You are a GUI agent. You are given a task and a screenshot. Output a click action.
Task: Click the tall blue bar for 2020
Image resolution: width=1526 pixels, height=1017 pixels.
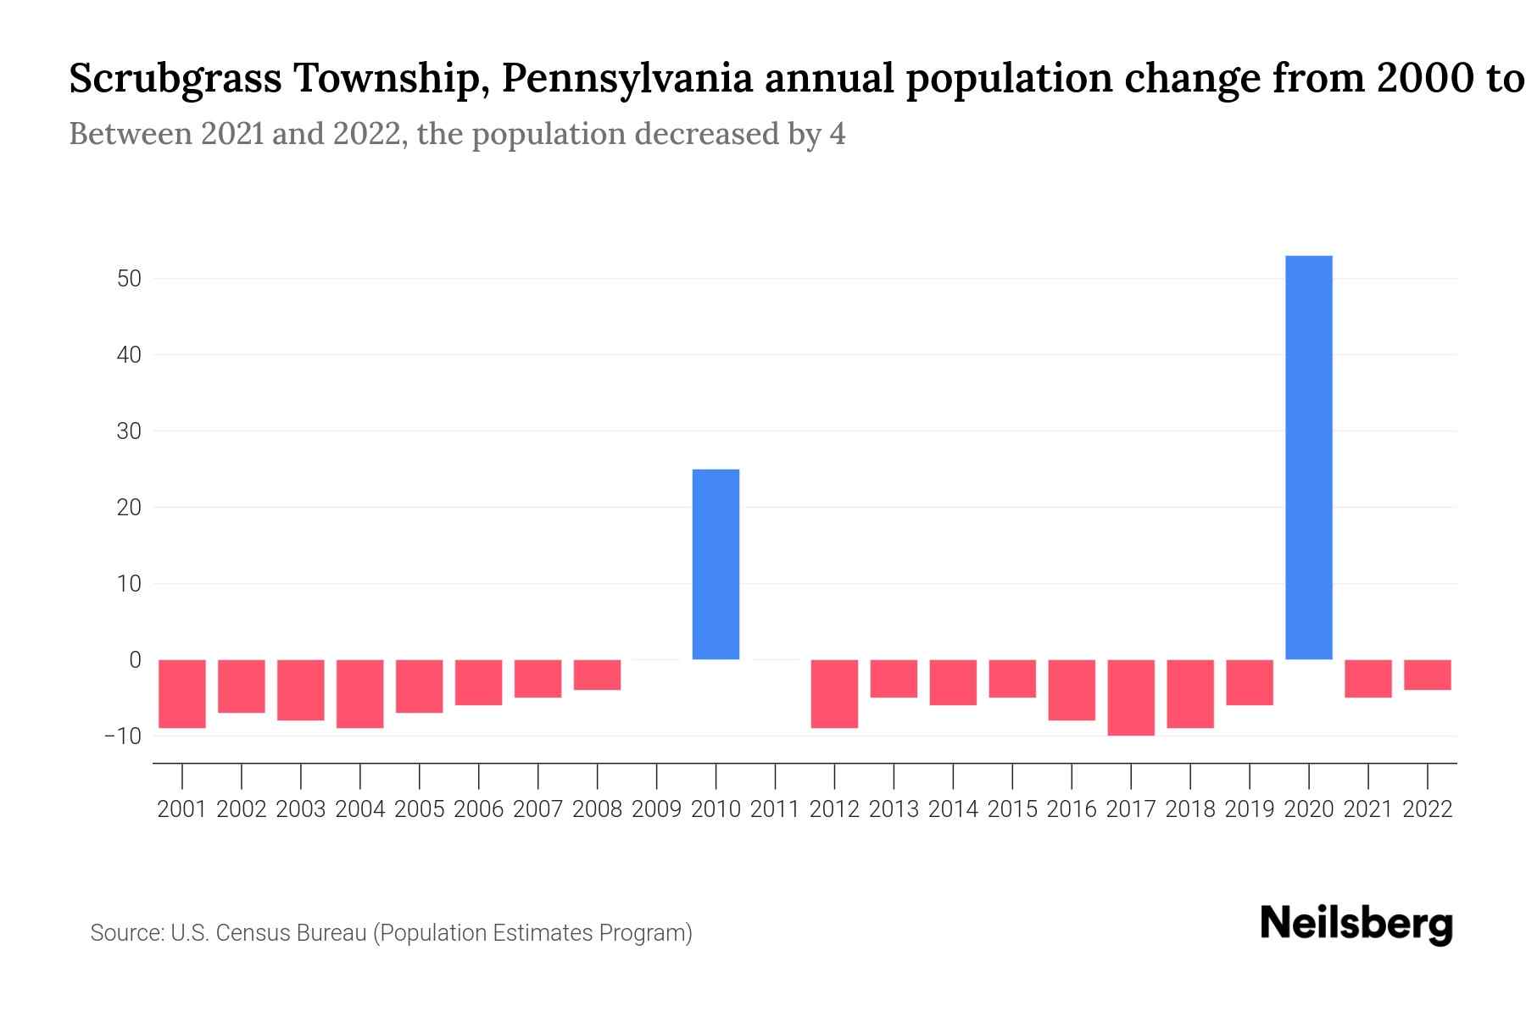click(1309, 458)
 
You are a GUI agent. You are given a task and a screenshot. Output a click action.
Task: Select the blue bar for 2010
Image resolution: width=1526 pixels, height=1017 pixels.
click(716, 564)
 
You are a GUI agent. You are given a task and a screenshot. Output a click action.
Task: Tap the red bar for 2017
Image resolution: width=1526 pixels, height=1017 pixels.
click(1131, 697)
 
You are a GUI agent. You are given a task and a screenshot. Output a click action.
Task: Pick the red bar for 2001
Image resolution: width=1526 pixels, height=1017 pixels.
click(182, 693)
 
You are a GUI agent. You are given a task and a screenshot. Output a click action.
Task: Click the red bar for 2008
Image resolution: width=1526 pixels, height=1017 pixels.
click(597, 675)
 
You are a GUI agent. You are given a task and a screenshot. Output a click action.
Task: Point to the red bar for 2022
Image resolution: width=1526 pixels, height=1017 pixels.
click(1428, 675)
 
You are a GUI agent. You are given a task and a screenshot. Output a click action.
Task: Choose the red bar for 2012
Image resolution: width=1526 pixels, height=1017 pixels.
click(834, 693)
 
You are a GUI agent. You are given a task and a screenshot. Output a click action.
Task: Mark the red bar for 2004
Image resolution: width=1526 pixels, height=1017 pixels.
click(360, 693)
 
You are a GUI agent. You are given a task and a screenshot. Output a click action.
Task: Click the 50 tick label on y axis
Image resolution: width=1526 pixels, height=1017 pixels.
click(128, 279)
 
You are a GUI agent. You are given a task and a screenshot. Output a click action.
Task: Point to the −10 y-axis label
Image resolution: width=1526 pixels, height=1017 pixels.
click(123, 736)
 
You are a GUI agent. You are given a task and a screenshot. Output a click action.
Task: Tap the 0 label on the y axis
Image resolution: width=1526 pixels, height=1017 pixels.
click(135, 659)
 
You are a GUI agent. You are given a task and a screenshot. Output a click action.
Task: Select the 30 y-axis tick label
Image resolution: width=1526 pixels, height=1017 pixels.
click(128, 431)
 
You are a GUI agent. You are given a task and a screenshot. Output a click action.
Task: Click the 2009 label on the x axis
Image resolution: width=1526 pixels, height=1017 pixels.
click(656, 809)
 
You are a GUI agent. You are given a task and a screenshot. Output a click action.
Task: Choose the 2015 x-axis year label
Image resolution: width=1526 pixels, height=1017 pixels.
click(1012, 809)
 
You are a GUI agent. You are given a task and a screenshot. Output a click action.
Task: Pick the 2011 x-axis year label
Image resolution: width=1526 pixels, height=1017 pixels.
click(775, 809)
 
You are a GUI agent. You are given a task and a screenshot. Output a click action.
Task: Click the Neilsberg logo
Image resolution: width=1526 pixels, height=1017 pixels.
click(1356, 924)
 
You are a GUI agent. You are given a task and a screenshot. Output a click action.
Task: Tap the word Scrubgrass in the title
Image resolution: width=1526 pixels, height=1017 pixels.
click(175, 80)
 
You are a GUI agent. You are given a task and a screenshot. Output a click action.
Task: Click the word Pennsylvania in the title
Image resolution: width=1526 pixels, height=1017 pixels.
click(627, 80)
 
